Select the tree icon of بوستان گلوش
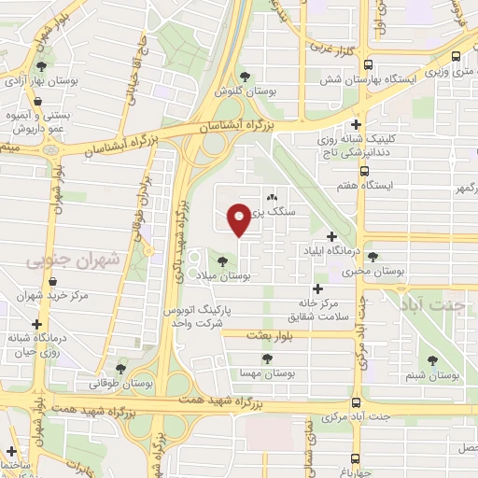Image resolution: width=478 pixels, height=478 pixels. click(246, 77)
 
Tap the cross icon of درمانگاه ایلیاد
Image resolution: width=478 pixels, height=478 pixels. click(331, 236)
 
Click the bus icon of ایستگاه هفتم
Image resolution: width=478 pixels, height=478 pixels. click(365, 171)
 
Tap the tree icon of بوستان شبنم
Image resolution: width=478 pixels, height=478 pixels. click(432, 359)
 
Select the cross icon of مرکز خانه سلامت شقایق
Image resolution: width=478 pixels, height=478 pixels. click(317, 289)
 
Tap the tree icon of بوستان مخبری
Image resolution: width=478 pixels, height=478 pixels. click(373, 257)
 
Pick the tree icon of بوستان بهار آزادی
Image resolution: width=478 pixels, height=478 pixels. click(41, 66)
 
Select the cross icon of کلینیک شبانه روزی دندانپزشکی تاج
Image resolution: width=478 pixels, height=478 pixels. click(356, 123)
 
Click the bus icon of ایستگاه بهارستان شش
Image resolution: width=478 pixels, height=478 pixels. click(368, 65)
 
